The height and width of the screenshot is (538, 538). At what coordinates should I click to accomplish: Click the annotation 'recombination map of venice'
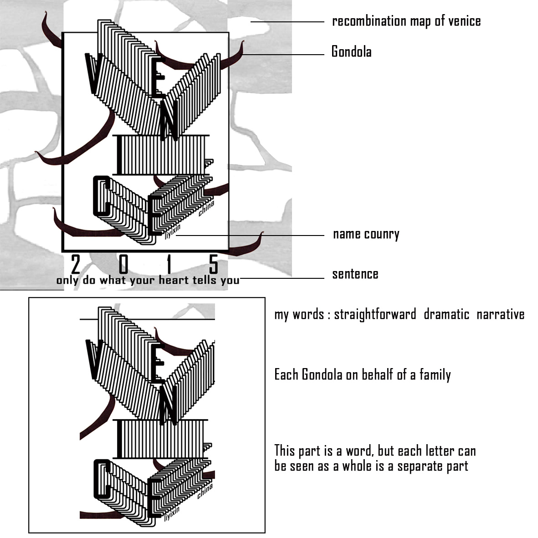pyautogui.click(x=406, y=21)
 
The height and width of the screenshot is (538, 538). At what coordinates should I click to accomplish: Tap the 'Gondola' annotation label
pyautogui.click(x=351, y=51)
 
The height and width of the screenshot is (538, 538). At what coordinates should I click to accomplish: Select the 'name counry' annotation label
pyautogui.click(x=366, y=234)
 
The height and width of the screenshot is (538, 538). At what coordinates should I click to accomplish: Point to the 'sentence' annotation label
pyautogui.click(x=355, y=274)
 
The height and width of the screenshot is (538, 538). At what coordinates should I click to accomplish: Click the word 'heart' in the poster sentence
pyautogui.click(x=174, y=280)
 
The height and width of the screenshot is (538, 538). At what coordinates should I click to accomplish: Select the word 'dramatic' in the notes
pyautogui.click(x=446, y=314)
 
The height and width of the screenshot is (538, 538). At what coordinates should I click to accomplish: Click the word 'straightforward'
pyautogui.click(x=375, y=314)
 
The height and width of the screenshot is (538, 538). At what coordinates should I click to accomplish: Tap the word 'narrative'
pyautogui.click(x=500, y=314)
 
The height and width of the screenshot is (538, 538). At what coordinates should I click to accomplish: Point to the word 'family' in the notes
pyautogui.click(x=435, y=375)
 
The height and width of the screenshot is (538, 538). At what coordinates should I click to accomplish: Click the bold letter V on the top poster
pyautogui.click(x=92, y=73)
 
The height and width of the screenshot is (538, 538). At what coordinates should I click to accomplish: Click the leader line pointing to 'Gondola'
pyautogui.click(x=282, y=55)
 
